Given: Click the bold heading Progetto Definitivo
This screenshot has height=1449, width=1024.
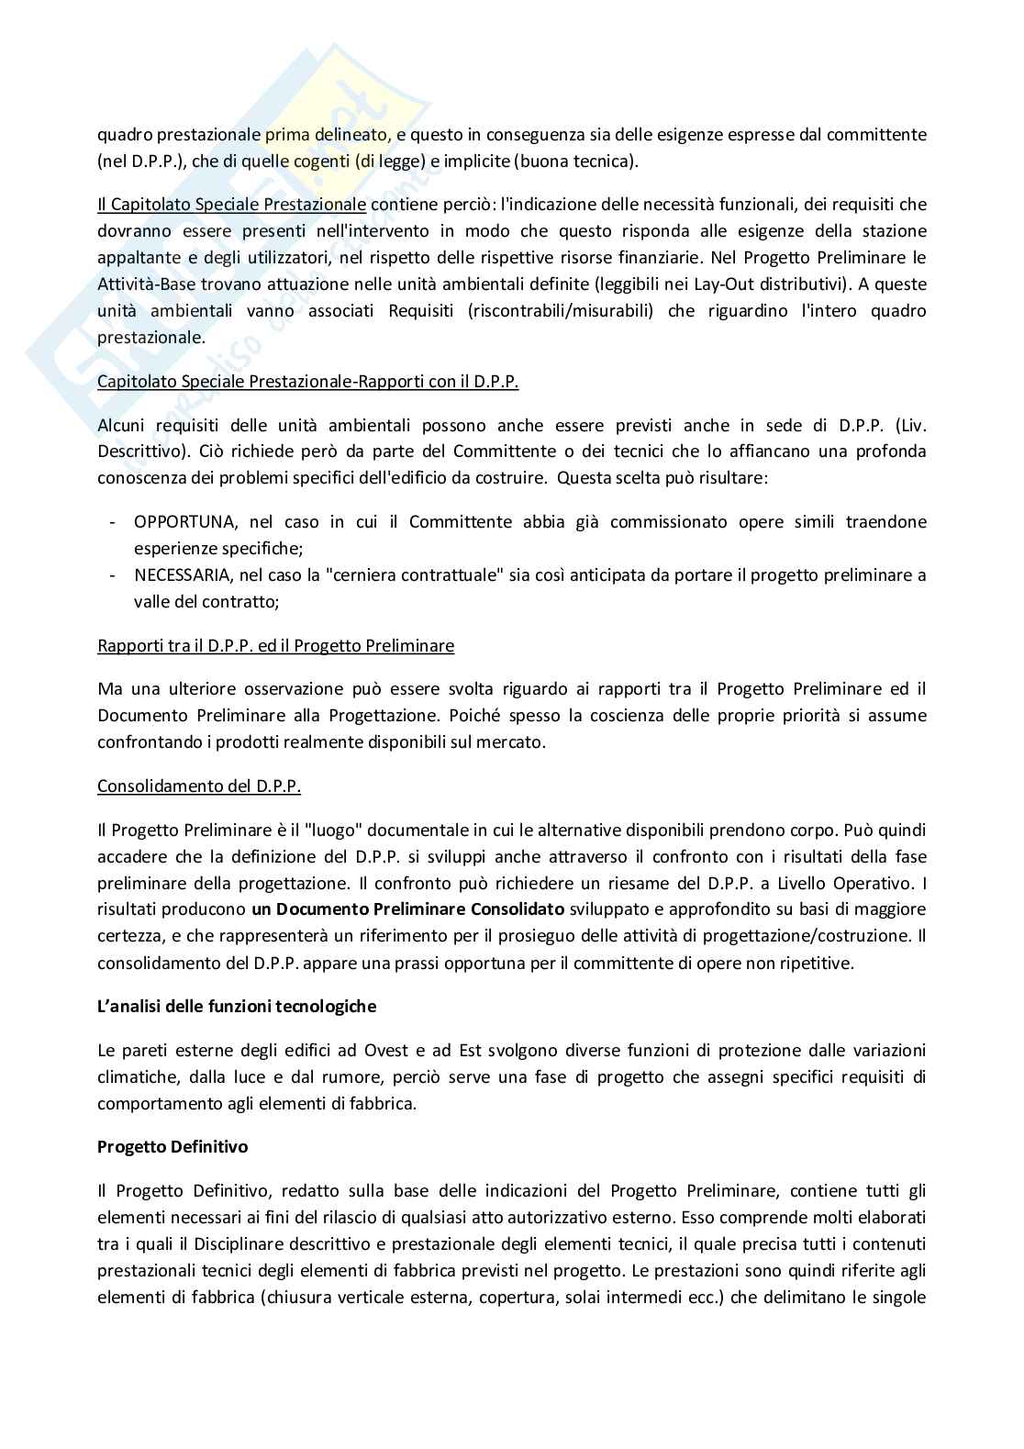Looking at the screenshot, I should point(173,1147).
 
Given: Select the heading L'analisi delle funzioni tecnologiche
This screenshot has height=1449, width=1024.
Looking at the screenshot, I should point(237,1006).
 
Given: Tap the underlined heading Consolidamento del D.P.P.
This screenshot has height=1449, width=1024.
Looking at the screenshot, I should point(199,786).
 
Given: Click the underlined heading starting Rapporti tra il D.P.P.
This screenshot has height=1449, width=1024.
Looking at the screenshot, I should point(275,645).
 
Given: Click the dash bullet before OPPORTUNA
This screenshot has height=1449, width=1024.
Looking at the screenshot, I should point(112,522).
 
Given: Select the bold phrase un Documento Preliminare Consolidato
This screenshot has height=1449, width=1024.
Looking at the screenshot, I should point(408,909).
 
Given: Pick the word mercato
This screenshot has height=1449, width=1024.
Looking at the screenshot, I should point(515,742).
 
